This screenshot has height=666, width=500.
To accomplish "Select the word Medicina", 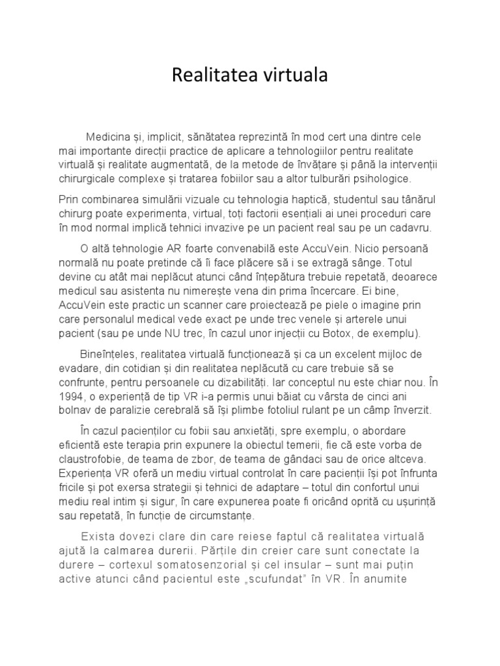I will (x=109, y=137).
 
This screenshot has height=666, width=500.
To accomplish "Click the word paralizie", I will (x=130, y=410).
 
